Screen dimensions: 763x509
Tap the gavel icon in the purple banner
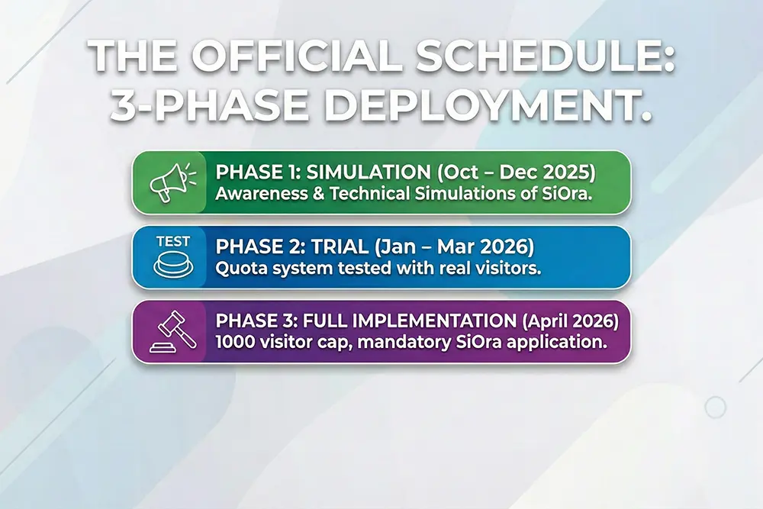pyautogui.click(x=173, y=332)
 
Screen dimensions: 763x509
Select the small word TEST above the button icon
pyautogui.click(x=173, y=242)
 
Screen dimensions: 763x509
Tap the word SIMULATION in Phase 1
pyautogui.click(x=369, y=172)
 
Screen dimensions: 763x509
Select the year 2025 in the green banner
pyautogui.click(x=566, y=172)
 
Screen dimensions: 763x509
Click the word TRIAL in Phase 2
pyautogui.click(x=340, y=246)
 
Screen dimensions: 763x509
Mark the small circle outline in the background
pyautogui.click(x=716, y=408)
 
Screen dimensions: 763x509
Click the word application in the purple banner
pyautogui.click(x=556, y=343)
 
